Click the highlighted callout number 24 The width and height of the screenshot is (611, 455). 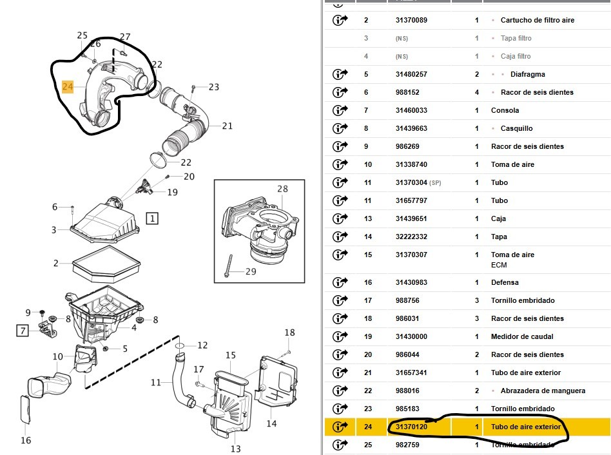click(68, 86)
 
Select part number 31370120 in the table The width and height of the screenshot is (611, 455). click(411, 427)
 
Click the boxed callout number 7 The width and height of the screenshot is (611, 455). click(23, 331)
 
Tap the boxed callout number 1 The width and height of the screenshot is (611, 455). click(152, 218)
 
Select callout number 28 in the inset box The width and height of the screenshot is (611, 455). click(282, 189)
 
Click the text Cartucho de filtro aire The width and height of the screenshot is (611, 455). click(537, 20)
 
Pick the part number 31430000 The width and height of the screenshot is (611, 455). click(411, 336)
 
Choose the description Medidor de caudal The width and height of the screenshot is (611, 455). click(522, 336)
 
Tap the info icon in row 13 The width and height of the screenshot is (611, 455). click(340, 218)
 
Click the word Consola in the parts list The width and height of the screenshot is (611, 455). click(505, 110)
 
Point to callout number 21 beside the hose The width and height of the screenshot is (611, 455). click(228, 126)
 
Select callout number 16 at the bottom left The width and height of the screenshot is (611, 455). click(25, 440)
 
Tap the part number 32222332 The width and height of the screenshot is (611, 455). click(411, 237)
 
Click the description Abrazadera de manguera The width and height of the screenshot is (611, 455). click(543, 391)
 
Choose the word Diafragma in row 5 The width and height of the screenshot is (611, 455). click(527, 74)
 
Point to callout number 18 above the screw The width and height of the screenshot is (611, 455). click(289, 333)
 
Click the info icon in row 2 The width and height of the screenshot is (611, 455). click(340, 20)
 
